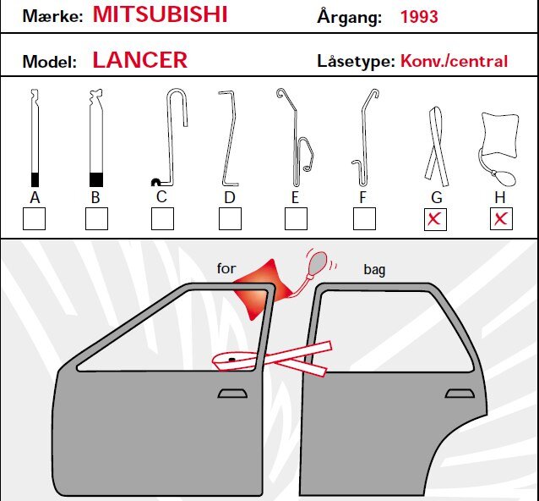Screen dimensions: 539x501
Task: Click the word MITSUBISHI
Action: click(161, 14)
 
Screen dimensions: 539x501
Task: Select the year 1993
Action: click(419, 17)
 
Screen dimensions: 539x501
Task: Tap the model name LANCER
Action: click(140, 60)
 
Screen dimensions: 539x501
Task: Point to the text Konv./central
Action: click(454, 61)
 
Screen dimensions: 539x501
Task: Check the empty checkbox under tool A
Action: click(34, 218)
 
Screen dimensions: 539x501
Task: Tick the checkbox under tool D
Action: click(230, 218)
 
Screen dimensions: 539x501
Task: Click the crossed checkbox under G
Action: click(435, 219)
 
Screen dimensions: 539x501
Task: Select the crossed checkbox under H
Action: click(501, 218)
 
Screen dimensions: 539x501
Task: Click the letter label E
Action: click(295, 198)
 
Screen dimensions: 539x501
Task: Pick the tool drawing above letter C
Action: click(171, 138)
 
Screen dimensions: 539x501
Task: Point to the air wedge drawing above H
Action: click(498, 148)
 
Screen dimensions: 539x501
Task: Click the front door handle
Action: click(232, 394)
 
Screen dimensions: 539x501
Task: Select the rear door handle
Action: click(460, 394)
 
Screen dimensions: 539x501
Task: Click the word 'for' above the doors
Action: click(226, 268)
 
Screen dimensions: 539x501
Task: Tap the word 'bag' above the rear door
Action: click(374, 270)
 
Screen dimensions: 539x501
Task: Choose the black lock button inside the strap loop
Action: click(231, 360)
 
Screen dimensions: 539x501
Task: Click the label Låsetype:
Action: click(357, 61)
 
